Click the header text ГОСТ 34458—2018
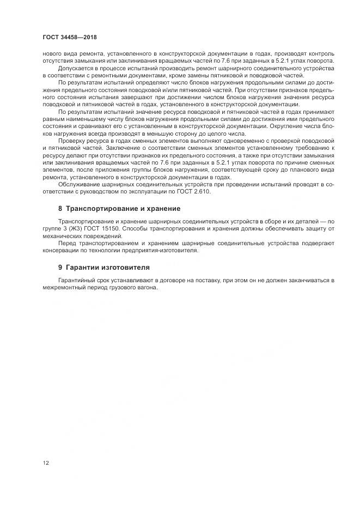click(x=69, y=37)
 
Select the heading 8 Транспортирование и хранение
click(x=119, y=209)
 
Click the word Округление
click(x=289, y=126)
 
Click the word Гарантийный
click(x=76, y=280)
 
